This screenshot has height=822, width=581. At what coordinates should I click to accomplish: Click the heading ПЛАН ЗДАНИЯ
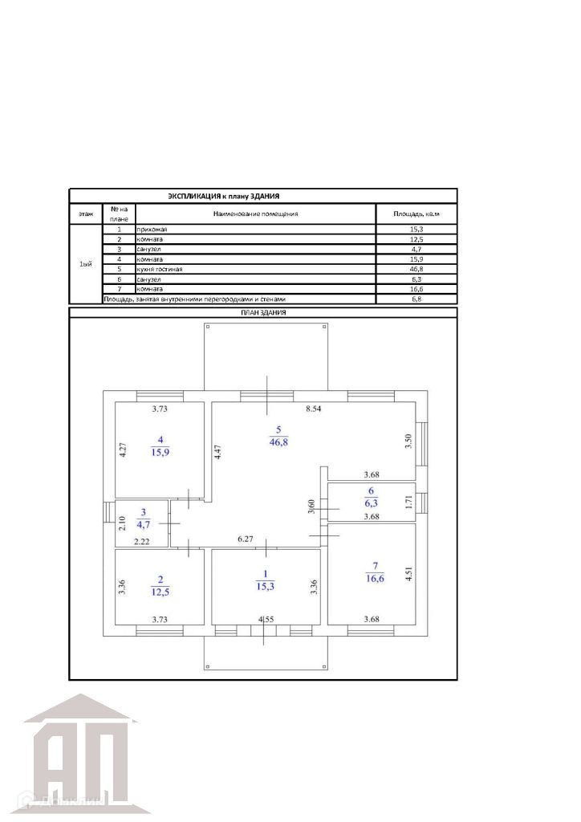[x=263, y=312]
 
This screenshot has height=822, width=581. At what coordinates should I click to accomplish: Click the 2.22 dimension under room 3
[x=141, y=542]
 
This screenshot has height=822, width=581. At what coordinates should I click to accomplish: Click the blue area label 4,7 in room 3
[x=142, y=525]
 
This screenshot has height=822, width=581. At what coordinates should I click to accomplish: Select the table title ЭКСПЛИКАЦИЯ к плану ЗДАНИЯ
[x=223, y=196]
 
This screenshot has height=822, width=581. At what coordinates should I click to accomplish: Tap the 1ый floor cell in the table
[x=86, y=265]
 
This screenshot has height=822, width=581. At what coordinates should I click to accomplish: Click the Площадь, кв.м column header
[x=415, y=214]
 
